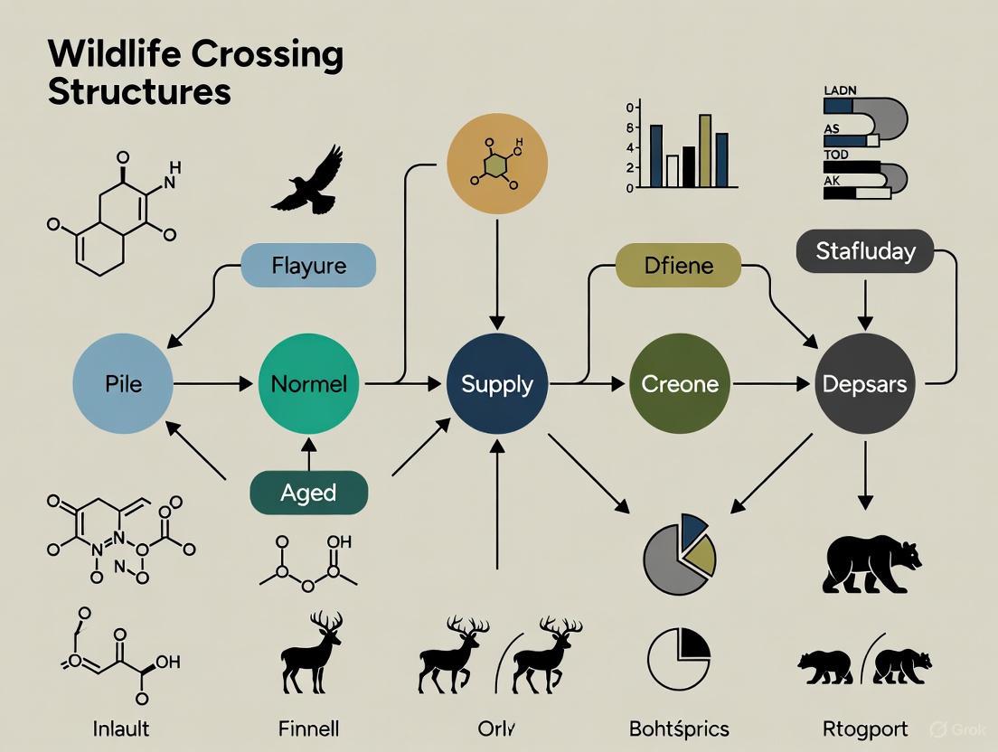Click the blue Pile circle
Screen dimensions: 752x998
(123, 383)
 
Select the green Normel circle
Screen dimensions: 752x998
(308, 383)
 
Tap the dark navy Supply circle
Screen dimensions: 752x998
(496, 383)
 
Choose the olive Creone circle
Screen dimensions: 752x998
(679, 383)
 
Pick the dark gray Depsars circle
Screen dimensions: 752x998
(864, 383)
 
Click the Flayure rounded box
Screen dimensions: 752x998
(308, 266)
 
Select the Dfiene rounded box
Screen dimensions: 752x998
(678, 266)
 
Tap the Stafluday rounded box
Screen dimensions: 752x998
(865, 250)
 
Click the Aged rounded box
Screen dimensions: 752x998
(308, 493)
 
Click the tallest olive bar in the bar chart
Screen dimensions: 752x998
(705, 150)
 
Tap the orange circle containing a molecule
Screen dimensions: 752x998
(497, 163)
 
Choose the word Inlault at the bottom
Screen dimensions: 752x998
(121, 728)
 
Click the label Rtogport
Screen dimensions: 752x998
(864, 728)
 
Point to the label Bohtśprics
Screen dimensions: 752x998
(679, 728)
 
